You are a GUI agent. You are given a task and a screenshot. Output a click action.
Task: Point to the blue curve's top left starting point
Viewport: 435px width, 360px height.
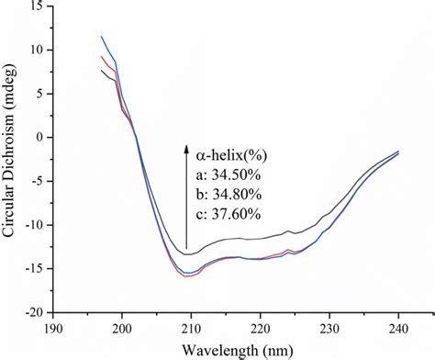pos(101,37)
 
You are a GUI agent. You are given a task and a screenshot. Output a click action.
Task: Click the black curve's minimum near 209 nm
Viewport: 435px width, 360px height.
pos(186,253)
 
